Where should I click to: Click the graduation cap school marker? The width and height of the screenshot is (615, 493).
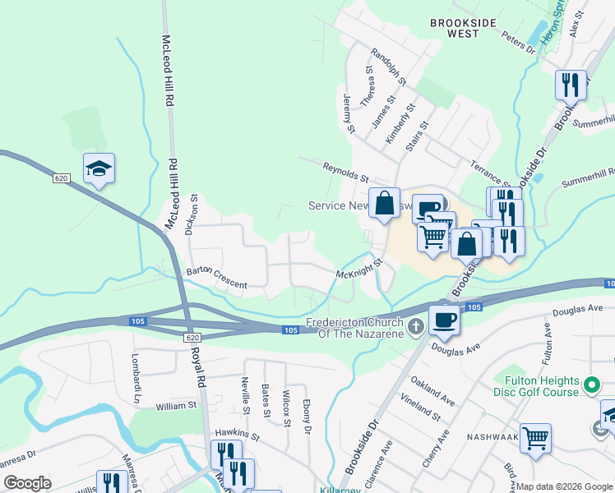(99, 169)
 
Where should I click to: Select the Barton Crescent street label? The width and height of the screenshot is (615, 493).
(216, 278)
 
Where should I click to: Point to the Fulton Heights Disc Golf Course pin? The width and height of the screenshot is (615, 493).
(590, 385)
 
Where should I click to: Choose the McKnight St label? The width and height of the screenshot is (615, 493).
(359, 269)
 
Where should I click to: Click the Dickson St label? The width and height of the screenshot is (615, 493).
(192, 214)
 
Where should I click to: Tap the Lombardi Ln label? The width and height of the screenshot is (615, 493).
(135, 379)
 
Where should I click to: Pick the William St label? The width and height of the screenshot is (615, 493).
(176, 405)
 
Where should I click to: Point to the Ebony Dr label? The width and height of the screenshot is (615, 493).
(307, 417)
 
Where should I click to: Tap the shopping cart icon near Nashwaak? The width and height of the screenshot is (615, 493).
(535, 438)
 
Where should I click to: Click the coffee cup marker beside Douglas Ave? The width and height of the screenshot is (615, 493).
(444, 320)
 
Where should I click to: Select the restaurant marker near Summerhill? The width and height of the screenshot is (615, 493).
(571, 84)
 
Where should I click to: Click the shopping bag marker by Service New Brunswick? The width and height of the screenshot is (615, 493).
(384, 203)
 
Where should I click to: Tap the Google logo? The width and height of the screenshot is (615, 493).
(27, 483)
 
